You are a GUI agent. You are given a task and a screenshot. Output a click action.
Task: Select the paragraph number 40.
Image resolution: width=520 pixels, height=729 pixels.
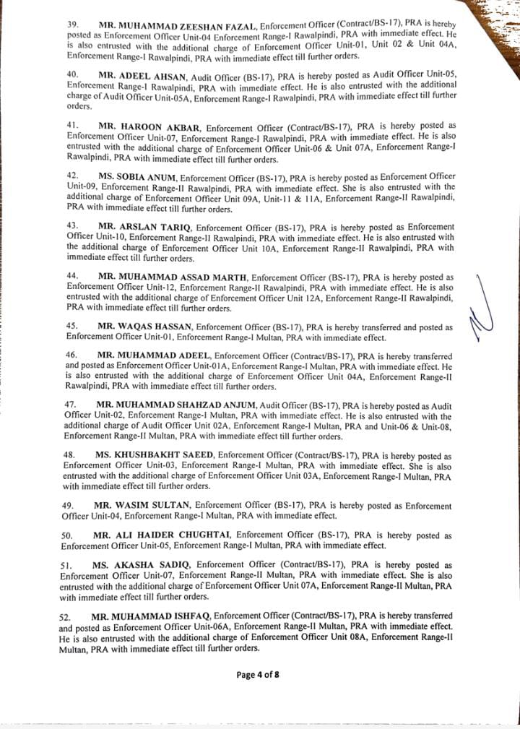pos(72,74)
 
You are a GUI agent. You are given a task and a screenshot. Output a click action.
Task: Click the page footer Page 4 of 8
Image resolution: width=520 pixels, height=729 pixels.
pos(258,675)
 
